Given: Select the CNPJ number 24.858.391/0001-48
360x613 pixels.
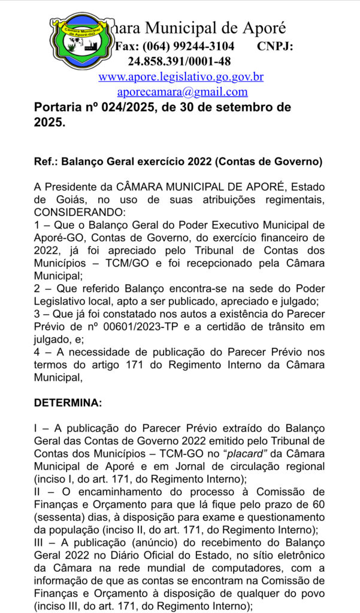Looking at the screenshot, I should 179,61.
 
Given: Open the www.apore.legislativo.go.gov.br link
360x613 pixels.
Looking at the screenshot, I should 181,77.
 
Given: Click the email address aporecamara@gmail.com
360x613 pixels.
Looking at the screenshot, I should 182,92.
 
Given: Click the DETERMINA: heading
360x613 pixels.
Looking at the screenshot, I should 68,403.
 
